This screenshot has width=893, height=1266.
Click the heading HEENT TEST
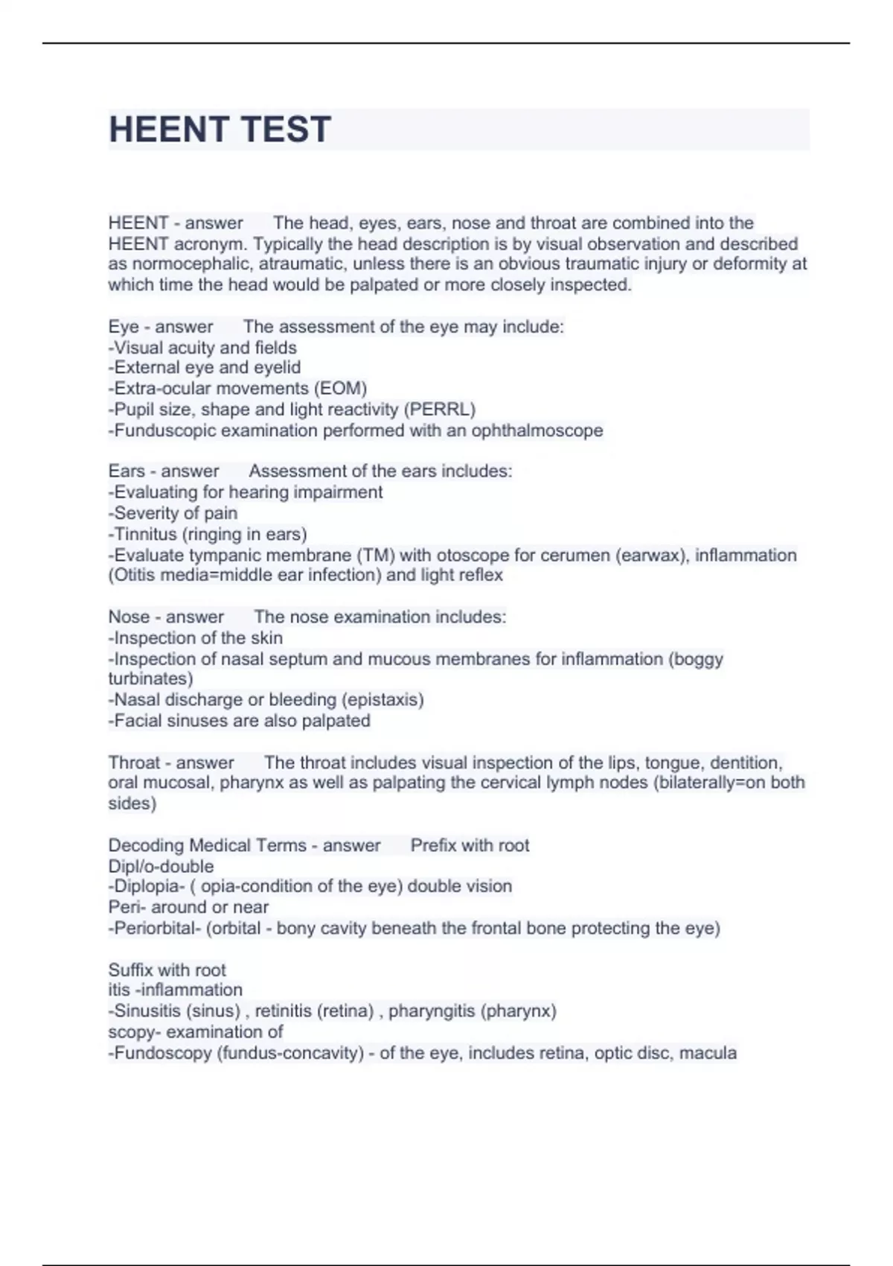[x=220, y=130]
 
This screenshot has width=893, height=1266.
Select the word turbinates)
[x=150, y=679]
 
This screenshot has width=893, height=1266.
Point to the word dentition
[x=745, y=763]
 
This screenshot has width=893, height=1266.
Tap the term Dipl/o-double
[x=161, y=866]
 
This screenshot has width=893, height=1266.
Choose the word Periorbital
[x=156, y=929]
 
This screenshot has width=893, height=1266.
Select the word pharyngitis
[x=432, y=1011]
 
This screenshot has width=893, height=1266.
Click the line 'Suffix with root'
[x=167, y=970]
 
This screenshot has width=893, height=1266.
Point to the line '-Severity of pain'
[x=173, y=513]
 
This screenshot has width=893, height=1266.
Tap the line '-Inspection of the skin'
[x=195, y=638]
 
